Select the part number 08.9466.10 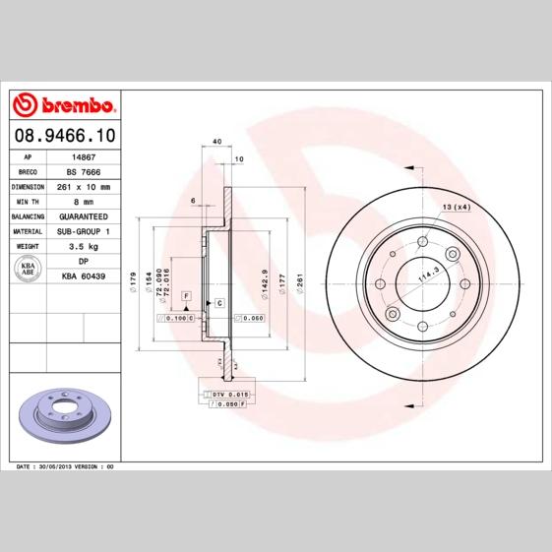[x=64, y=134]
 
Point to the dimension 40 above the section [x=215, y=142]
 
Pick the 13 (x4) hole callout [x=456, y=207]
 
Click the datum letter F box [x=184, y=295]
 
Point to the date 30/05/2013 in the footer [x=65, y=463]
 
